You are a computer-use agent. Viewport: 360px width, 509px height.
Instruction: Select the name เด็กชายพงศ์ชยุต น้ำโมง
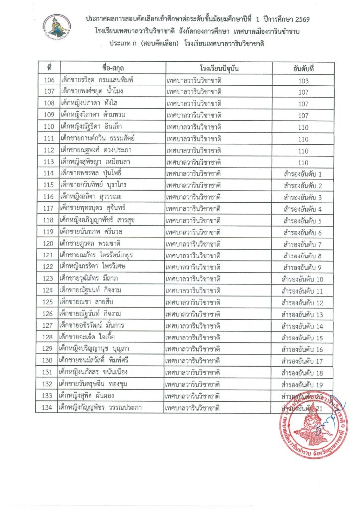[94, 91]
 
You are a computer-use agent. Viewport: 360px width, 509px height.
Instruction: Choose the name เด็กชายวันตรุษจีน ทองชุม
[98, 384]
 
